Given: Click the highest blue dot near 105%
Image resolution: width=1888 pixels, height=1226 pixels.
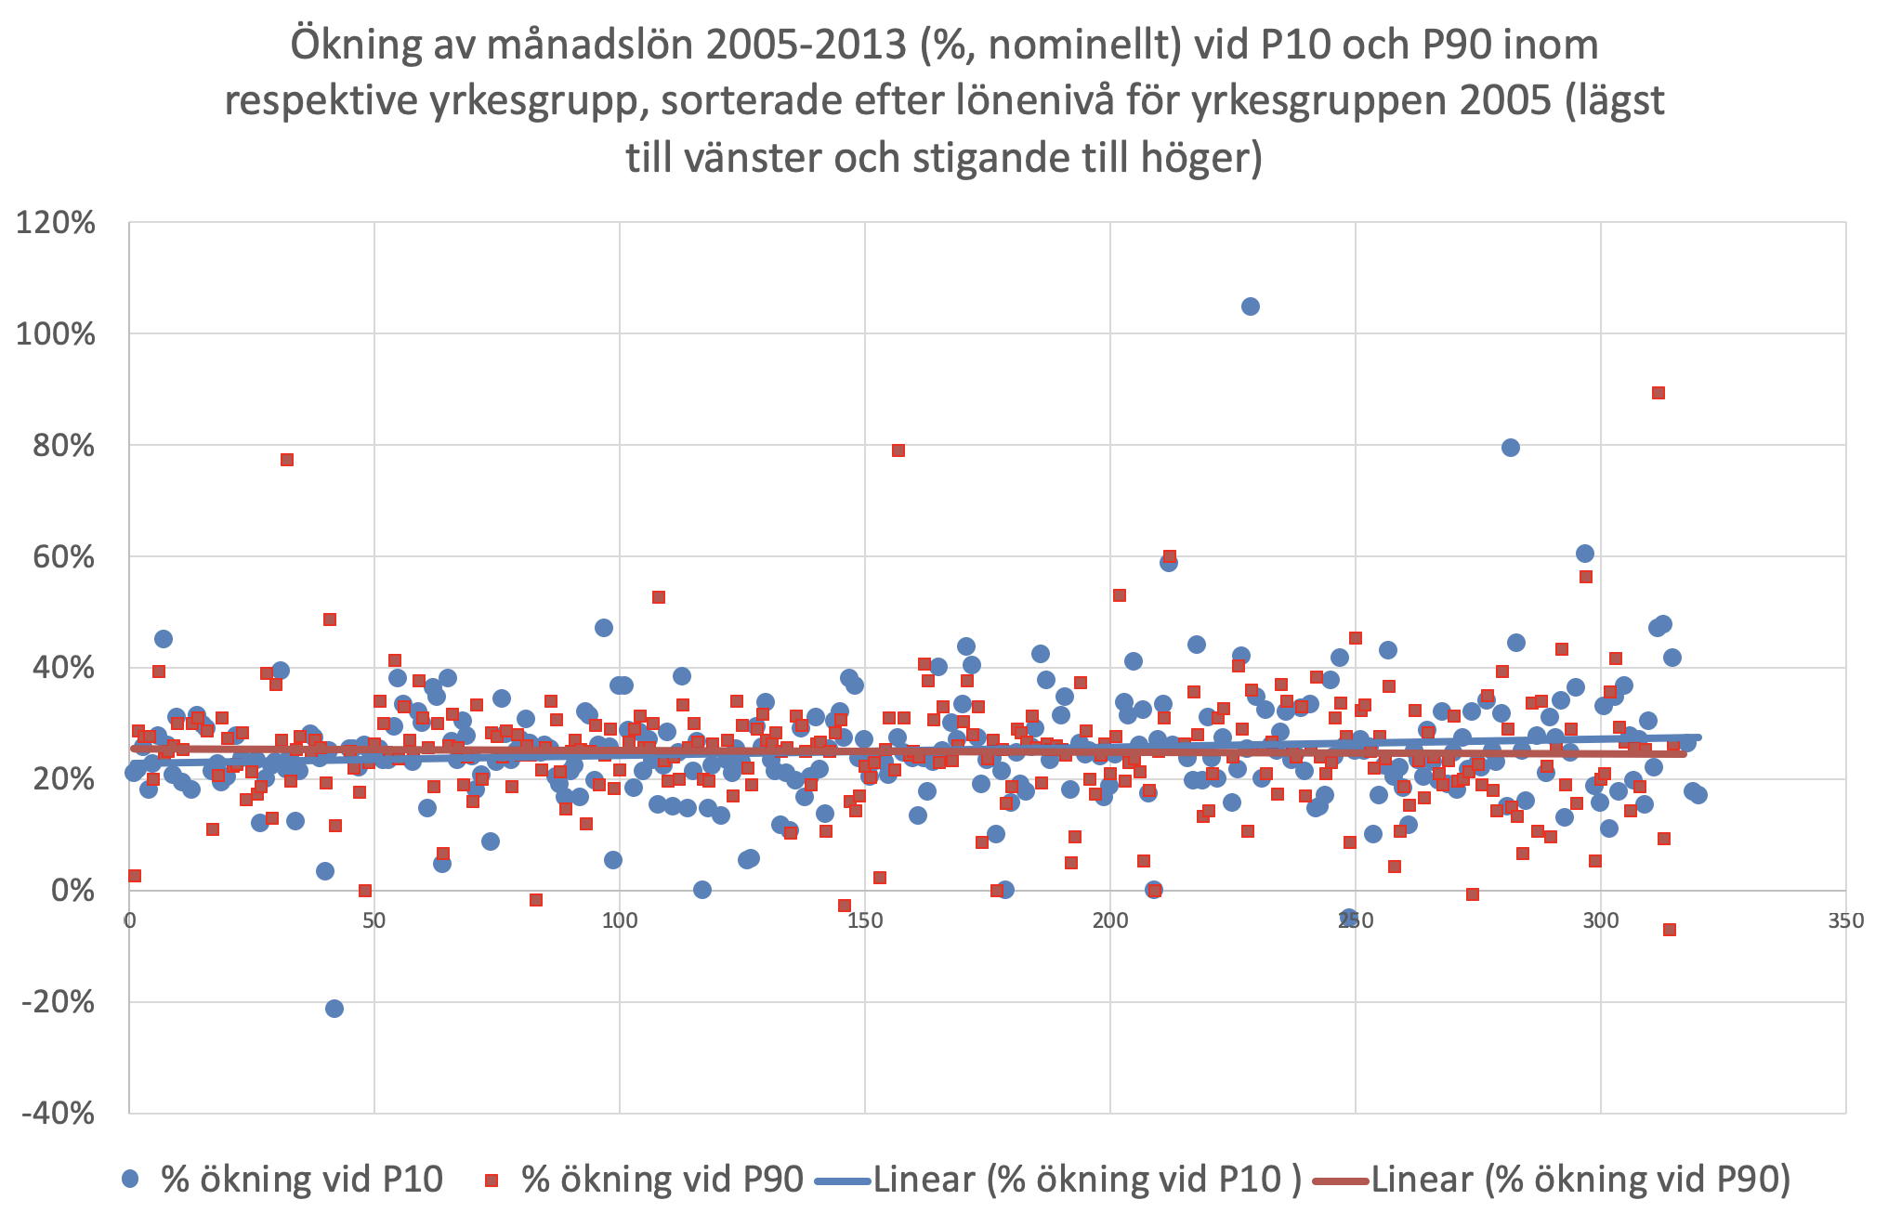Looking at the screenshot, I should [x=1251, y=306].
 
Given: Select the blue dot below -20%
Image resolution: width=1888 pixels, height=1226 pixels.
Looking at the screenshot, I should [x=334, y=1009].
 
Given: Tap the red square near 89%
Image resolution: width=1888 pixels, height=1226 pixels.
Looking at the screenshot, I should [x=1659, y=393].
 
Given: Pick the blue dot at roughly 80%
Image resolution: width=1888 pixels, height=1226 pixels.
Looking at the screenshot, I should [x=1511, y=448].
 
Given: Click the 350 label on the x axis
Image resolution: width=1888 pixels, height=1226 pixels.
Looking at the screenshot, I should [x=1845, y=920].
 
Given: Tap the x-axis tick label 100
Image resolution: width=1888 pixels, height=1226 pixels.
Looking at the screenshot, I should [x=620, y=920].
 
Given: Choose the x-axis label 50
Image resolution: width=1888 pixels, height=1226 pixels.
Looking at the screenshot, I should [x=374, y=920].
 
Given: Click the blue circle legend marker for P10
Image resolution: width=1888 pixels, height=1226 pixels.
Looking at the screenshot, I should [x=131, y=1180].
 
